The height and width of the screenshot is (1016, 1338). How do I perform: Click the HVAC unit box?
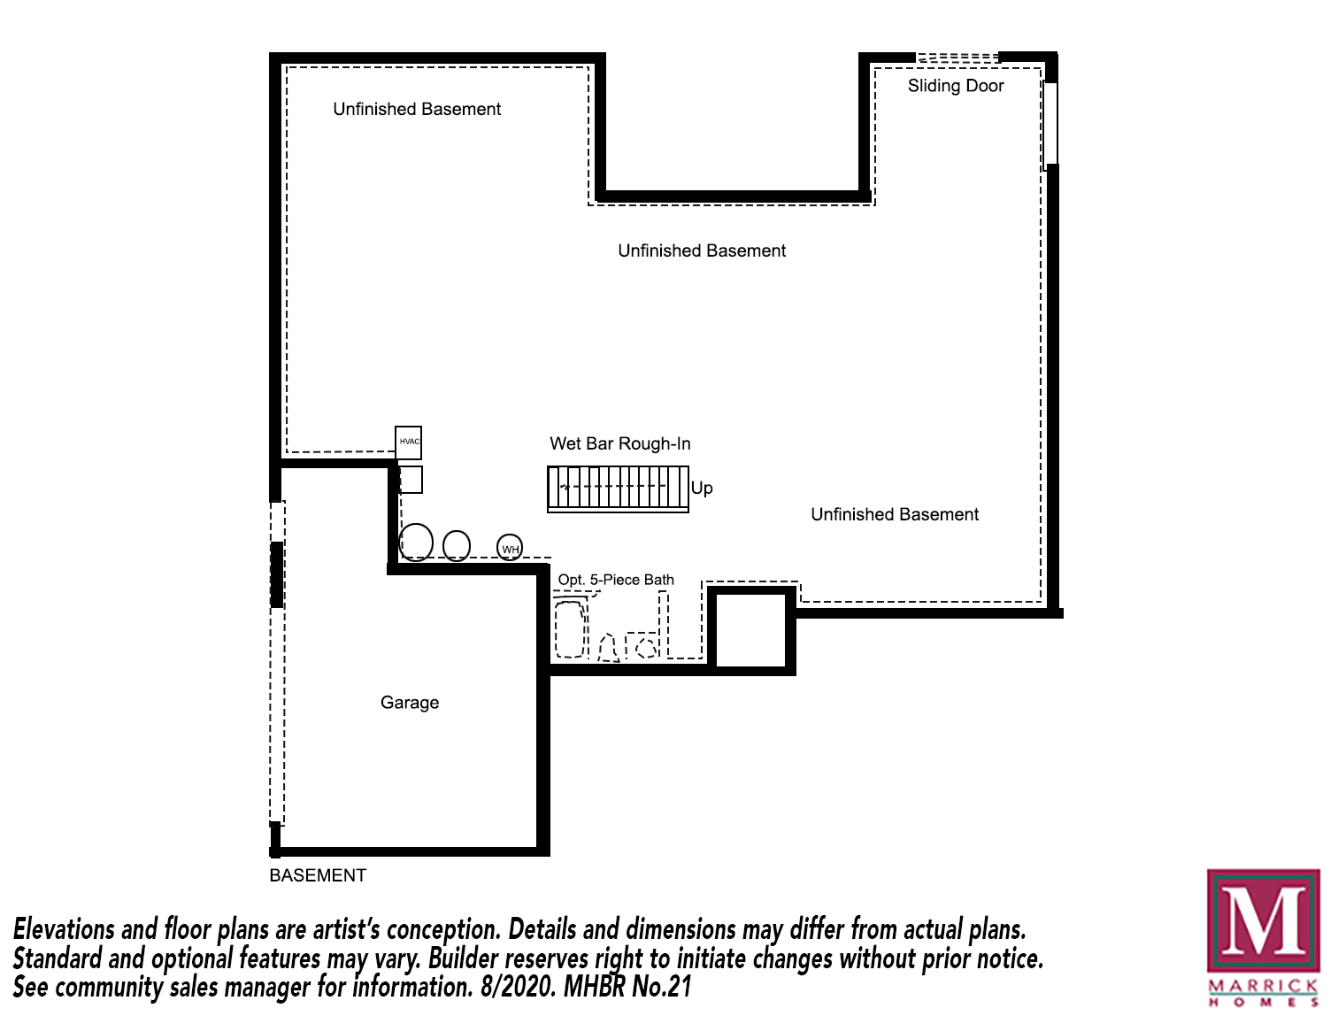[408, 443]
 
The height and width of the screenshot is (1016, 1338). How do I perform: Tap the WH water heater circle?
[510, 547]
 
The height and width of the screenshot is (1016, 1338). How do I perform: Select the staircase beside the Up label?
[618, 489]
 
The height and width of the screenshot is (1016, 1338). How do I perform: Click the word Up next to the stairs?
[702, 489]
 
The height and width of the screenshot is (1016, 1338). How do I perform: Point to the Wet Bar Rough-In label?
[620, 443]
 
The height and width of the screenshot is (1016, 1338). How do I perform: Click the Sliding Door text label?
[955, 86]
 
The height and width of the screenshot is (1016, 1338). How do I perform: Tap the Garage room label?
[410, 702]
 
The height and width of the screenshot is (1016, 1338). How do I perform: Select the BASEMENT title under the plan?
[318, 875]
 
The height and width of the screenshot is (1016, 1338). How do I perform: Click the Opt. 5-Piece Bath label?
[616, 580]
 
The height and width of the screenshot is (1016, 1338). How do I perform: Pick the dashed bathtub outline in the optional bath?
[571, 629]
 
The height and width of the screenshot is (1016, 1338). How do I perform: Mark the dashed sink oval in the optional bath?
[646, 648]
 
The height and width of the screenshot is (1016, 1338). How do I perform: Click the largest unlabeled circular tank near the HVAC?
[416, 542]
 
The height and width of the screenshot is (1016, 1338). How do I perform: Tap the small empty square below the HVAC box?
[411, 480]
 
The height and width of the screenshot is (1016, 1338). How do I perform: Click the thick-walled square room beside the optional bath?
[751, 630]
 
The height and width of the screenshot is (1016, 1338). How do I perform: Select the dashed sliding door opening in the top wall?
[957, 58]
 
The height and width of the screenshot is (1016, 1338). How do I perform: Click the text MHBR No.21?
[627, 987]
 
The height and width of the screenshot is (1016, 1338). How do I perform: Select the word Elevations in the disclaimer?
[64, 929]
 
